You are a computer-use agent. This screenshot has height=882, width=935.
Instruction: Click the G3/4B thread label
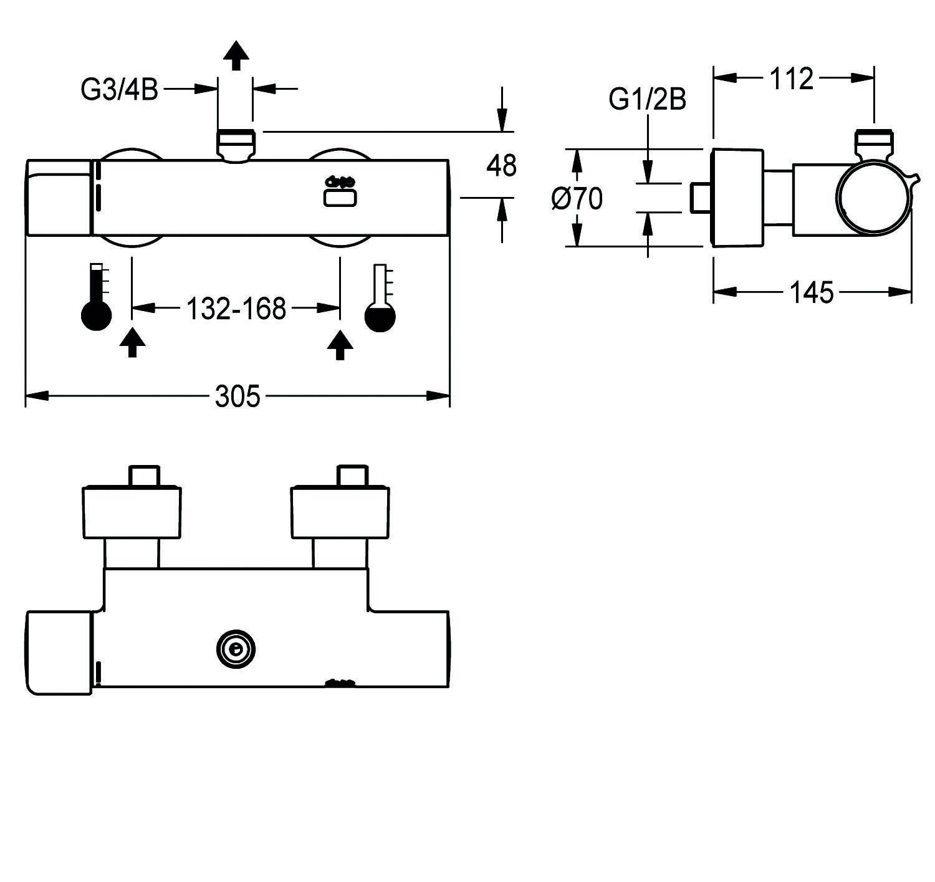pos(119,90)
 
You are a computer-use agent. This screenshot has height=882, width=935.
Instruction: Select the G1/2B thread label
pos(648,99)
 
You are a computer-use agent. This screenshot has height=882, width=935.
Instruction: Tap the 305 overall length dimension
pos(237,396)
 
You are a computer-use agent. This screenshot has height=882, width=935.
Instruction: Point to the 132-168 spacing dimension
pos(236,308)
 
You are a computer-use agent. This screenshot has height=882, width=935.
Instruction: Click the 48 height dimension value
pos(502,166)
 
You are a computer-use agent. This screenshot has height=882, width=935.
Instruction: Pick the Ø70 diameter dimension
pos(577,199)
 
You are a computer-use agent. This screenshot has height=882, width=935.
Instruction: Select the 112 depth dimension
pos(792,79)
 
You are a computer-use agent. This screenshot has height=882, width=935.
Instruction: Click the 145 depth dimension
pos(812,292)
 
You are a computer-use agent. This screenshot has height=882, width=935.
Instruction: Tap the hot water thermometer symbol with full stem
pos(97,296)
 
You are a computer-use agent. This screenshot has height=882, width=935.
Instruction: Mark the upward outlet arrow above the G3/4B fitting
pos(236,55)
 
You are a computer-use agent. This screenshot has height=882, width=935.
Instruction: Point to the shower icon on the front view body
pos(340,191)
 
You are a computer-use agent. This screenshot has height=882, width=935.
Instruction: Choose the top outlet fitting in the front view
pos(236,145)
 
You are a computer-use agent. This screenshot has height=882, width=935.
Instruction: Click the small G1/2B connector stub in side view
pos(701,198)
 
